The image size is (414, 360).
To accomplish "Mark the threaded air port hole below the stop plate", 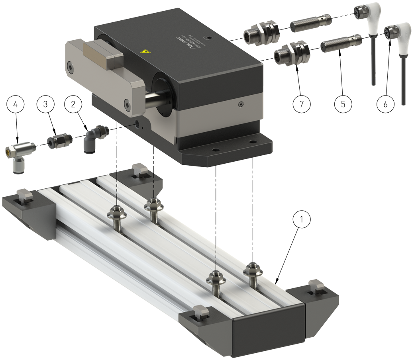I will [138, 124].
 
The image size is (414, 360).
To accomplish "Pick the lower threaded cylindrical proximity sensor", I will [341, 43].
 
